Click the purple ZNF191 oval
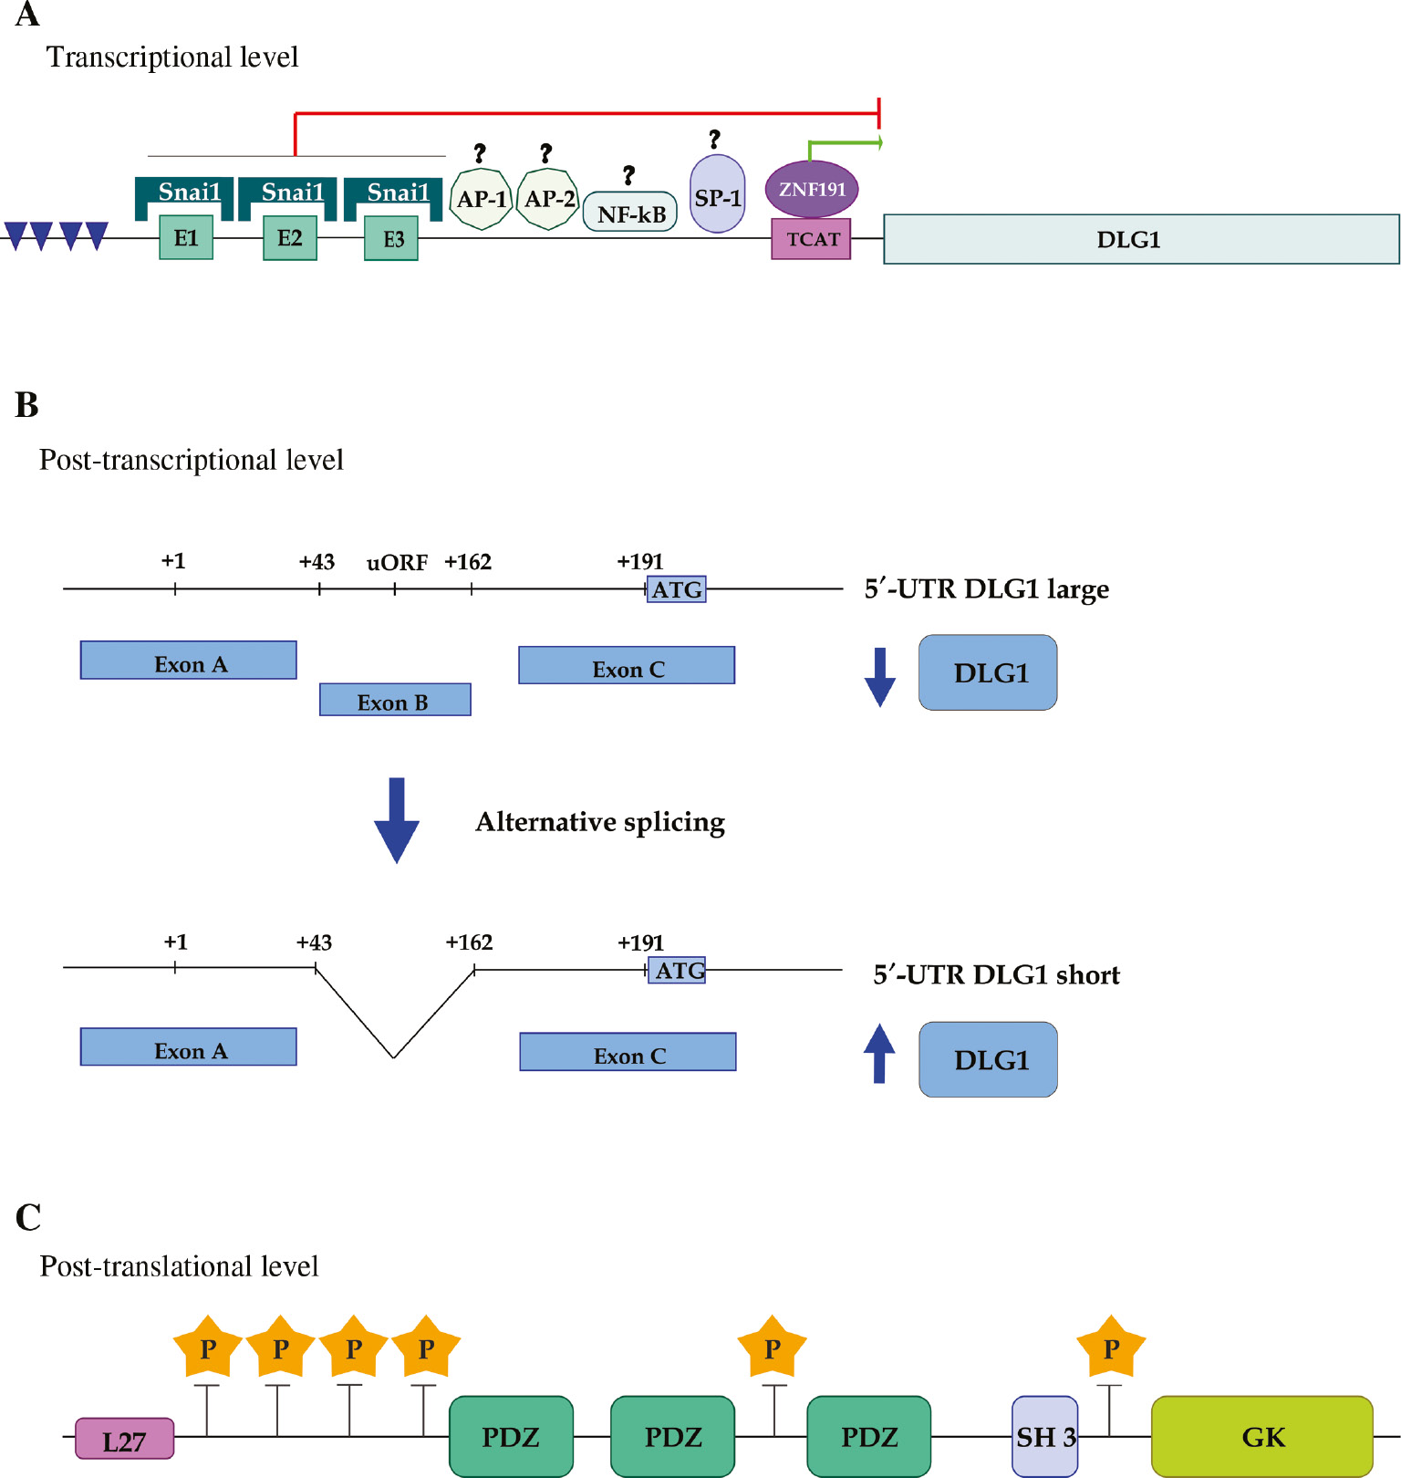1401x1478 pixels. [812, 189]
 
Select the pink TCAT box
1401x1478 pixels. [811, 239]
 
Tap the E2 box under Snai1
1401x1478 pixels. [290, 238]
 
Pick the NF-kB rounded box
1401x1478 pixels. [630, 213]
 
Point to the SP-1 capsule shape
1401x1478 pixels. [718, 194]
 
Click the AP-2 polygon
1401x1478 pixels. [548, 199]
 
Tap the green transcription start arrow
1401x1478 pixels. [844, 143]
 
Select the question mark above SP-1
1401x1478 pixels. [714, 139]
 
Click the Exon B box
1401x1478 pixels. [395, 700]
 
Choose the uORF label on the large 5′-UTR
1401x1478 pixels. [397, 563]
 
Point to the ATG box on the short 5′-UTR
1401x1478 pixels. [677, 970]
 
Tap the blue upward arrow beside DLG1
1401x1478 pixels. [879, 1054]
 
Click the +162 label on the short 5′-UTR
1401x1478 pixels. [469, 942]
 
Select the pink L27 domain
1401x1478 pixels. [124, 1439]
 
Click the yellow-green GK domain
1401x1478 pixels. [1261, 1436]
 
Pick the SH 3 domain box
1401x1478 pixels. [1045, 1436]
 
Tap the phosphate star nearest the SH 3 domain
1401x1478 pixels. [1110, 1348]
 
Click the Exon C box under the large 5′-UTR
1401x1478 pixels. [627, 666]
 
